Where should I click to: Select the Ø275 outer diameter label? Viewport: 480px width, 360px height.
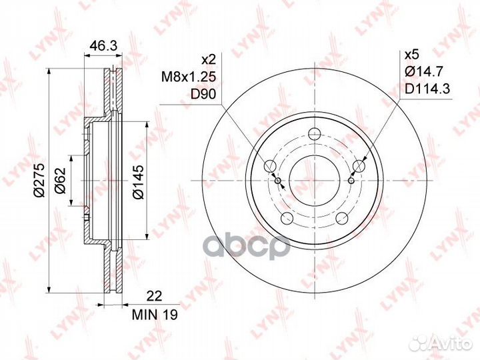point(40,180)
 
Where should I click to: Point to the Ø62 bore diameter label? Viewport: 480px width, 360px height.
point(59,180)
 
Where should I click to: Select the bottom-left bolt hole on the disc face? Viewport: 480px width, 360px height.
point(287,217)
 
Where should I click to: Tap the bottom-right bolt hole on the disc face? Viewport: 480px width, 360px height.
point(341,217)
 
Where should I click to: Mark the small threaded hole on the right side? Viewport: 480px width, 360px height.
point(351,179)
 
